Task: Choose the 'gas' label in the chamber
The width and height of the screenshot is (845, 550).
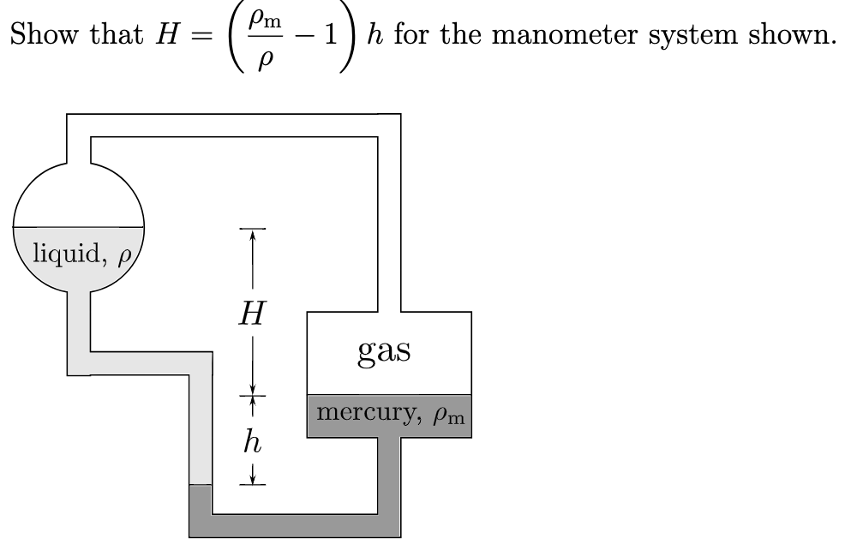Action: pyautogui.click(x=384, y=350)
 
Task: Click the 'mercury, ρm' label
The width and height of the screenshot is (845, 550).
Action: pyautogui.click(x=389, y=414)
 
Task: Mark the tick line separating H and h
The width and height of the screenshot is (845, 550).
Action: pyautogui.click(x=252, y=397)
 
